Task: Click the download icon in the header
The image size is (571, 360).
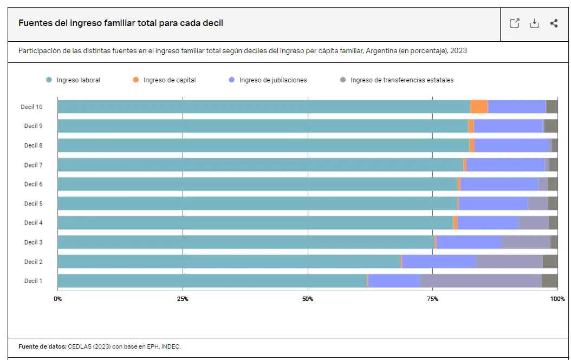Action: pos(534,23)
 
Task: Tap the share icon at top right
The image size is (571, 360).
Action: pos(554,23)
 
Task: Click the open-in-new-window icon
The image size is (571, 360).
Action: pos(515,23)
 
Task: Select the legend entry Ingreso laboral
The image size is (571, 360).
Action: pos(78,80)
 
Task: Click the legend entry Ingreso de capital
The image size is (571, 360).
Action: pos(169,80)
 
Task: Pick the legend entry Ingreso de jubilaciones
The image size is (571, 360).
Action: pos(272,80)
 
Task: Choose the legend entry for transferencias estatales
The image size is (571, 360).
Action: pos(401,80)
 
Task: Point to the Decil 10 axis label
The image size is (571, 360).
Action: pos(32,107)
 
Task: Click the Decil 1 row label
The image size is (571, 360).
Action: pos(33,281)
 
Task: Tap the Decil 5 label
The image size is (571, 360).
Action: pos(33,204)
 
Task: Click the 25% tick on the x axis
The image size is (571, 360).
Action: pos(183,299)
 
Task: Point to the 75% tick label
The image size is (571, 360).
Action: pos(432,299)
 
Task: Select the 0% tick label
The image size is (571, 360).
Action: pos(57,299)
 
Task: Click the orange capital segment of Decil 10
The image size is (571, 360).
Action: pos(479,107)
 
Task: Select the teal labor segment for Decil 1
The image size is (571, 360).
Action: pos(211,281)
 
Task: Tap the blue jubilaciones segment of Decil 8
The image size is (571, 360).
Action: pos(512,145)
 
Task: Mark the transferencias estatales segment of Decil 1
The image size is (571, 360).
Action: pos(481,281)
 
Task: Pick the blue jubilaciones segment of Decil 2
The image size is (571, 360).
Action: pos(438,261)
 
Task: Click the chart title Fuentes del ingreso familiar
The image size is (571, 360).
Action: pos(121,23)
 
